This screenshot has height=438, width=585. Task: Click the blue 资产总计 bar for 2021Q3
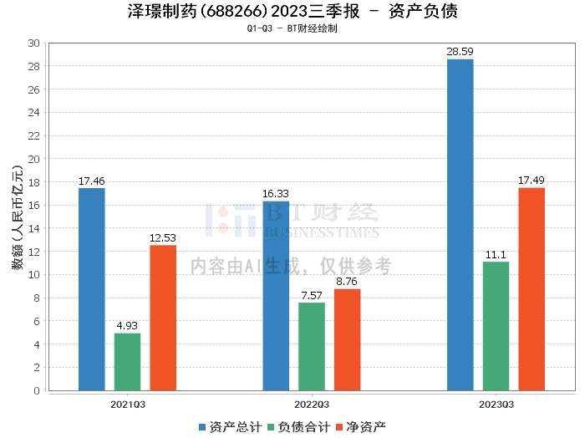[92, 289]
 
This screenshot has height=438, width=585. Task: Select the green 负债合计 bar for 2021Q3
[128, 362]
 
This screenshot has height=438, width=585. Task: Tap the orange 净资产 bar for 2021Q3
[163, 318]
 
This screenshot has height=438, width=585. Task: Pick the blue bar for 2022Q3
[276, 296]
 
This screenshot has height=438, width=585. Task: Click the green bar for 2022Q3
[312, 347]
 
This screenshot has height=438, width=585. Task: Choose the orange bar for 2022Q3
[348, 339]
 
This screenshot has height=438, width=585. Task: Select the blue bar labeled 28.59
[460, 225]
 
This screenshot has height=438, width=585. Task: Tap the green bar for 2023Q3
[496, 326]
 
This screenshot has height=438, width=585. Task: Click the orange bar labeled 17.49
[532, 289]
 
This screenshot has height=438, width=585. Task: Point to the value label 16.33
[276, 194]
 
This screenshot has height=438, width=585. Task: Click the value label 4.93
[127, 326]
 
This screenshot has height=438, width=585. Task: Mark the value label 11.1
[496, 255]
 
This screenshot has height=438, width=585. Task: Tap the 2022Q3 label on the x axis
[312, 405]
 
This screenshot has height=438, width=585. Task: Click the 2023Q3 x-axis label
[496, 405]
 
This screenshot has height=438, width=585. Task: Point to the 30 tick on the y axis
[33, 43]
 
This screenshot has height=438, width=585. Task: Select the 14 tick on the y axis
[33, 228]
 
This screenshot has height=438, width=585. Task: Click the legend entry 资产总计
[231, 427]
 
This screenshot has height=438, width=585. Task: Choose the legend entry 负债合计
[299, 427]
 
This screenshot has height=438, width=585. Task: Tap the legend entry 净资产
[361, 427]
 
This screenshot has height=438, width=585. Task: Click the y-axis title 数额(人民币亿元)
[18, 216]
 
